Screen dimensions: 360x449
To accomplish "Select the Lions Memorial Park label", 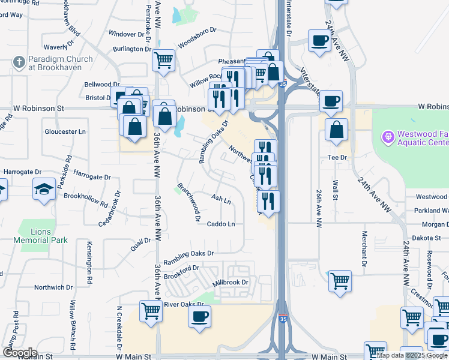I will click(42, 236).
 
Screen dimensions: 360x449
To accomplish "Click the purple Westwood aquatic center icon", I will click(388, 138).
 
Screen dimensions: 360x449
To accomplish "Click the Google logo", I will click(19, 353).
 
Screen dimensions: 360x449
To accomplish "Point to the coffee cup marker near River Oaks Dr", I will click(199, 316).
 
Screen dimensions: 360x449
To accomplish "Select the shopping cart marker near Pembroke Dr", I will click(163, 60).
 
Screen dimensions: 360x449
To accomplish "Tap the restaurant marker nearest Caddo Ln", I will click(268, 201).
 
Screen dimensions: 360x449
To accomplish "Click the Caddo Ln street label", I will click(220, 224).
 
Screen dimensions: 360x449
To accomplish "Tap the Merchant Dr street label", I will click(364, 248).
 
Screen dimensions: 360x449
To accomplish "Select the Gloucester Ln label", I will click(65, 131).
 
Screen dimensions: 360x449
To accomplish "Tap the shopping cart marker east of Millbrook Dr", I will click(340, 280).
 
